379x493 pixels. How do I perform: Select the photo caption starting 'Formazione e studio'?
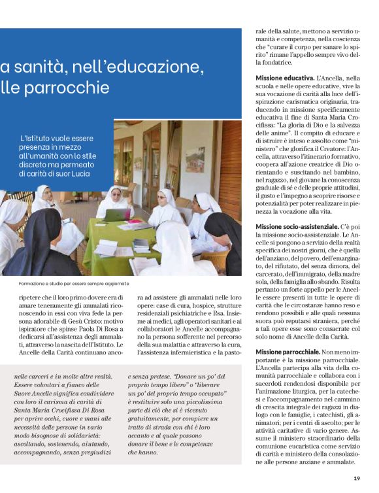point(65,284)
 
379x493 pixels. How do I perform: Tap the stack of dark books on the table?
point(141,245)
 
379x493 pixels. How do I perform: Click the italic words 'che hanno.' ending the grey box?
point(148,450)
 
